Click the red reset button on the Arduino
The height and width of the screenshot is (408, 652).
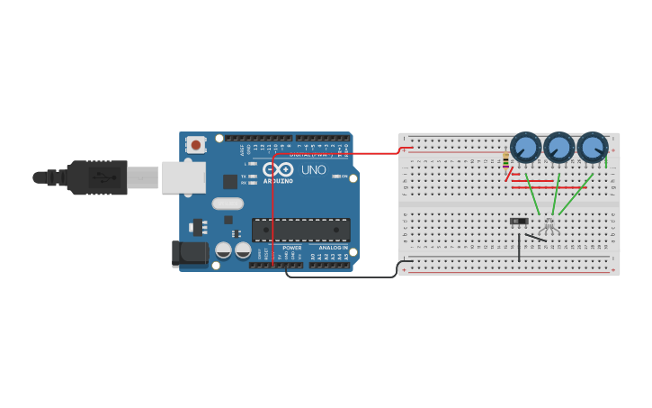[196, 144]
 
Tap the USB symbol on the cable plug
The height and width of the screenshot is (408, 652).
[106, 177]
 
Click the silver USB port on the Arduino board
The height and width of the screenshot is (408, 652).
[183, 177]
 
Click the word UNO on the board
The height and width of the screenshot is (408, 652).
[313, 170]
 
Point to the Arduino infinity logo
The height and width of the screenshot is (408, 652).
[278, 169]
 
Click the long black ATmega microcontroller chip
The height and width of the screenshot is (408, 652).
[300, 230]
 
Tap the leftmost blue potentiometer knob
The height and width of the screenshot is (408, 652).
[525, 148]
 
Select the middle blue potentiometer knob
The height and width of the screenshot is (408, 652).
[558, 148]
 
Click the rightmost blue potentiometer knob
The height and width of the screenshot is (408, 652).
[592, 148]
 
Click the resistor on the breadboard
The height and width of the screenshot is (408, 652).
[506, 161]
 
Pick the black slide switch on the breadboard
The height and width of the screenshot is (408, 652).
[519, 221]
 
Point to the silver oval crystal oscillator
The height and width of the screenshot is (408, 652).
[228, 204]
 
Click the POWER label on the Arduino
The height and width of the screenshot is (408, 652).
[292, 248]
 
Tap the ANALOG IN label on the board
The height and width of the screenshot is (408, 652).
[332, 248]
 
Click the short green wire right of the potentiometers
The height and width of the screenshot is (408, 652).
[606, 161]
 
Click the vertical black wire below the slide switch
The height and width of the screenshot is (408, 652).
[519, 248]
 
